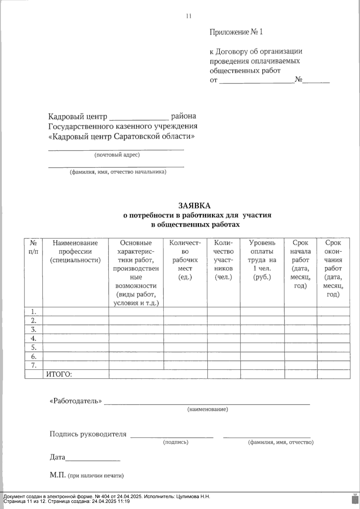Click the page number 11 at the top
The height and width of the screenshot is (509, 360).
point(189,16)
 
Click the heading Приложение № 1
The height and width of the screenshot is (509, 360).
point(236,32)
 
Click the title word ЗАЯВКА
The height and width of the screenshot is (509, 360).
point(194,206)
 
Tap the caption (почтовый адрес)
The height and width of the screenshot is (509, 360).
point(117,155)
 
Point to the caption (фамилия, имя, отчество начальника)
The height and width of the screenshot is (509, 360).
point(118,172)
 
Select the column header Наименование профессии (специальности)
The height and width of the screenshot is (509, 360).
point(75,251)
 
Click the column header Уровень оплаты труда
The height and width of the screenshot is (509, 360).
point(262,260)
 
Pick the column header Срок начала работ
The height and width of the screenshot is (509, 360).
point(300,264)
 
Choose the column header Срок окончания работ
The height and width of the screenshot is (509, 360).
point(333,268)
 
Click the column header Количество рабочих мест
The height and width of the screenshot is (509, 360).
point(185,260)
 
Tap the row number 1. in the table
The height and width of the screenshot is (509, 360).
point(34,311)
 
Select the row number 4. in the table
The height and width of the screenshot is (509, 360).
point(34,338)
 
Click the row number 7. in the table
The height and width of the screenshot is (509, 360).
point(34,365)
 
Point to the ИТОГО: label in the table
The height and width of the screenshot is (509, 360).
point(59,374)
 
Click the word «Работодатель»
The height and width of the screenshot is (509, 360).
point(76,401)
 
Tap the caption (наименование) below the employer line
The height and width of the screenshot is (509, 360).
point(207,409)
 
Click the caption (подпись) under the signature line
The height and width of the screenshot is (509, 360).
point(175,442)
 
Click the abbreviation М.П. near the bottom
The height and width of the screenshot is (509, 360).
point(58,475)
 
